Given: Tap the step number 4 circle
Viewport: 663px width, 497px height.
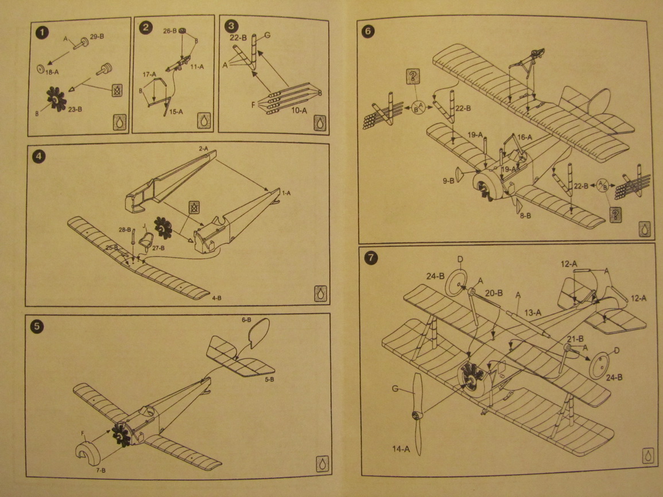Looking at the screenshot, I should tap(38, 156).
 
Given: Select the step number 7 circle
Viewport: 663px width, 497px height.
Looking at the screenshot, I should tap(371, 258).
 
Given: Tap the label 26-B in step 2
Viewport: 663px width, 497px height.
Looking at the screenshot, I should tap(169, 32).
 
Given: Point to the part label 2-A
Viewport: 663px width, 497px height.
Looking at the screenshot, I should tap(203, 148).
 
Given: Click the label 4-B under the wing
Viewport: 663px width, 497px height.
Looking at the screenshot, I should tap(217, 298).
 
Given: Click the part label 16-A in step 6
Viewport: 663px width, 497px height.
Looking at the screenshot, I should tap(525, 137).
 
